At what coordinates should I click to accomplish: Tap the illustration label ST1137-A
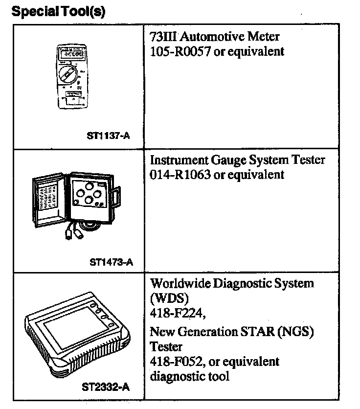108,136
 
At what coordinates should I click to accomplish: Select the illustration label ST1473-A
111,261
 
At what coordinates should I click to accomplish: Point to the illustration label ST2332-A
107,388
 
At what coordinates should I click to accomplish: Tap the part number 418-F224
173,312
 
